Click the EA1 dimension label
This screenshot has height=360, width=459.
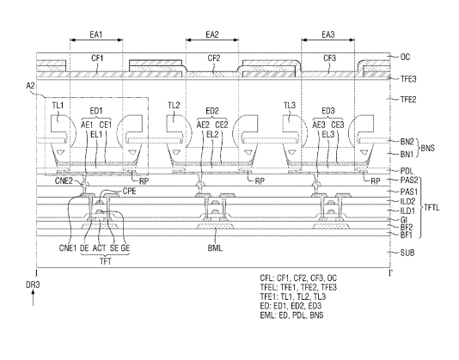(96, 34)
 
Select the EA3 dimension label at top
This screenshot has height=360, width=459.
(328, 34)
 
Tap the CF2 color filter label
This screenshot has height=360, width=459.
(214, 58)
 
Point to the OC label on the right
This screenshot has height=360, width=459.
(405, 57)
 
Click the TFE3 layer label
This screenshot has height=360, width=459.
(408, 79)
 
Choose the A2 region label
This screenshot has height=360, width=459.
(30, 86)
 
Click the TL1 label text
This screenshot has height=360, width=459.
(58, 105)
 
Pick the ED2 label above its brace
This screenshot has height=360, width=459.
(212, 111)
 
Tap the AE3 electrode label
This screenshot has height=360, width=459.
(319, 125)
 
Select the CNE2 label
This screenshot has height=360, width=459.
(64, 180)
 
